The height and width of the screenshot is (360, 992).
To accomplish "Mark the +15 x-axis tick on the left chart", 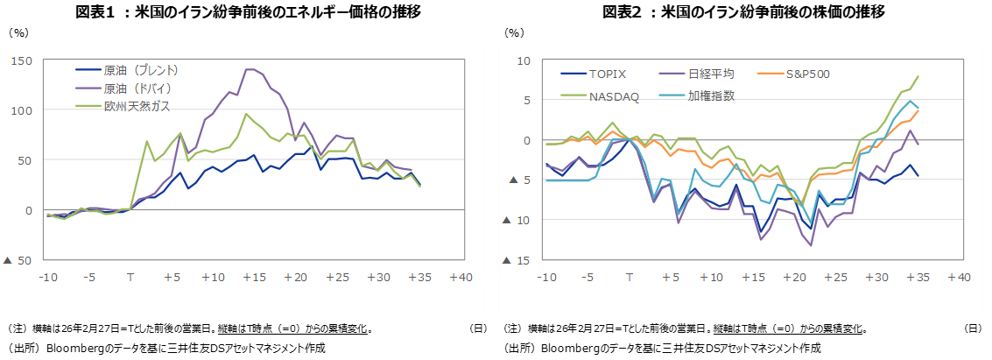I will (255, 278).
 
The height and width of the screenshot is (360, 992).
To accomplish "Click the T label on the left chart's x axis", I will (130, 278).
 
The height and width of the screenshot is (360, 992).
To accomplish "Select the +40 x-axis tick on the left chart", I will (461, 278).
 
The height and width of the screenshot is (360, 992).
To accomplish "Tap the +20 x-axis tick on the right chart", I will (793, 278).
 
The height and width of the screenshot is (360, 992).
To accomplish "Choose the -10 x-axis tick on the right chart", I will (546, 278).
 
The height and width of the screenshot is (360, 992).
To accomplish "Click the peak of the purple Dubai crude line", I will (250, 69).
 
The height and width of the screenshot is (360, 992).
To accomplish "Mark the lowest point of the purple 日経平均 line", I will (811, 245).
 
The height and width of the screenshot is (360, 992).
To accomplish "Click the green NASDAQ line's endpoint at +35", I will (918, 76).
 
